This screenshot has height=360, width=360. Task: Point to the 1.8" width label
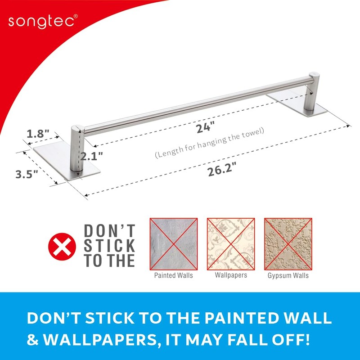38,134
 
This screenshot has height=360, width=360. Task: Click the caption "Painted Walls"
173,275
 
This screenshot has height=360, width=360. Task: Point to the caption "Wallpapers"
231,275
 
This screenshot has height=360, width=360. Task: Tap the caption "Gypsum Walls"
288,275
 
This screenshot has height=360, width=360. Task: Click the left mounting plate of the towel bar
67,162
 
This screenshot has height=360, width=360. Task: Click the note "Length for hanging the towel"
210,143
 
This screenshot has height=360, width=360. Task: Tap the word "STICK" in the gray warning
109,246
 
